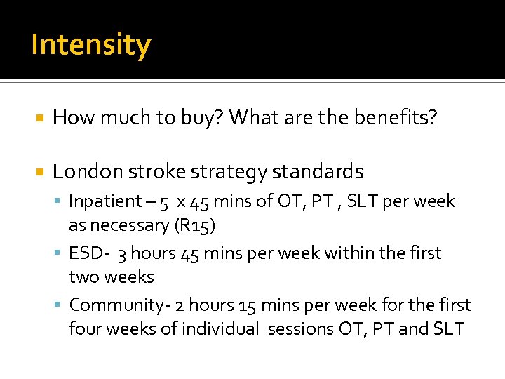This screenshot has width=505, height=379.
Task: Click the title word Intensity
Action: click(90, 45)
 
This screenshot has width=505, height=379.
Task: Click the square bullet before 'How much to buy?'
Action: click(39, 118)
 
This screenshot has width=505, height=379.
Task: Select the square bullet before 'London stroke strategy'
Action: click(39, 172)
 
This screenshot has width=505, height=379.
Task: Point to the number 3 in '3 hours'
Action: click(122, 253)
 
